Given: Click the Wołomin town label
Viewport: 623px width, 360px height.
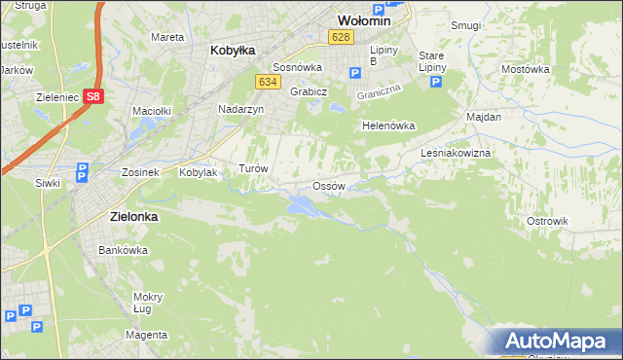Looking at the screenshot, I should coord(363,19).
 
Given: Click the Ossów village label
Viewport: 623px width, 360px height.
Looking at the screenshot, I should coord(329,186).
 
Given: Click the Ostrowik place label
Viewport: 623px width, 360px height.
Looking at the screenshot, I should coord(546,221).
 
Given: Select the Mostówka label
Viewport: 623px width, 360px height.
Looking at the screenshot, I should coord(526,69).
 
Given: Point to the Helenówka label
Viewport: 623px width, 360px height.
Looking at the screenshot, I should coord(388,126).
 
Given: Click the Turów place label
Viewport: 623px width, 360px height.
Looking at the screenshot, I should coord(253,167).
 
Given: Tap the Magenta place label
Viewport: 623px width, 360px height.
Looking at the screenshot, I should coord(146,335).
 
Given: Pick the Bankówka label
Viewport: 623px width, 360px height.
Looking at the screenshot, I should coord(123,250).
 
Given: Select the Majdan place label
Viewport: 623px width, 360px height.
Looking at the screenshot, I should coord(484,117).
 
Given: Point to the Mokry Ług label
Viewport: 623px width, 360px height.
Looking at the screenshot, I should coord(148,303).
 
